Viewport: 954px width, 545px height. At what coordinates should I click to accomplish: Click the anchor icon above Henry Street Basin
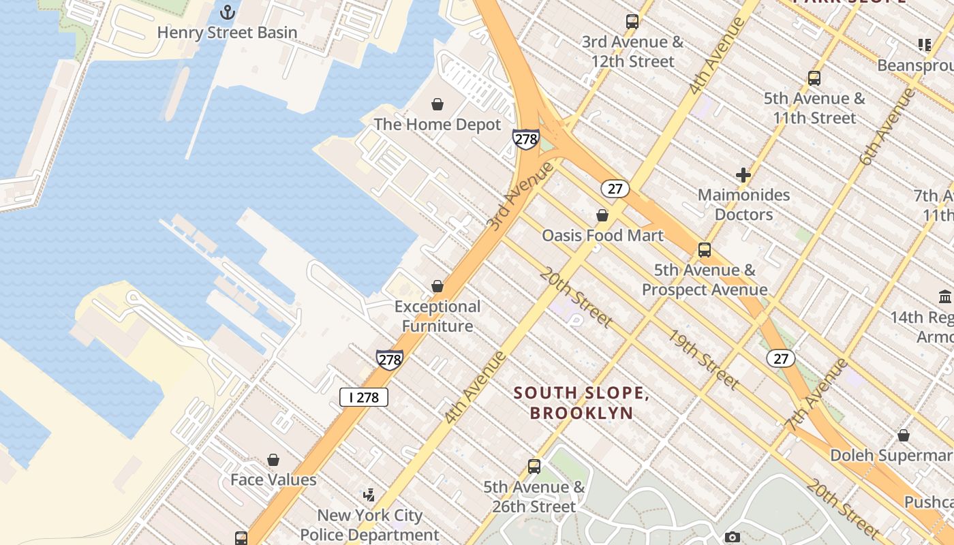click(x=227, y=12)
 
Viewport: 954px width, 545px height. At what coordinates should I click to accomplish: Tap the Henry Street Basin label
click(x=227, y=32)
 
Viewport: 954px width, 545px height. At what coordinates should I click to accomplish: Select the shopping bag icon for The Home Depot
click(x=437, y=104)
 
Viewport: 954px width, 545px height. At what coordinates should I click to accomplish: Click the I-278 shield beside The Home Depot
click(x=526, y=140)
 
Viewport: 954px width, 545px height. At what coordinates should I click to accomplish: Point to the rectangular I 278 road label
click(x=364, y=397)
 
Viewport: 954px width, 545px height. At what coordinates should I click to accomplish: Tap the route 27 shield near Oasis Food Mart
click(x=615, y=189)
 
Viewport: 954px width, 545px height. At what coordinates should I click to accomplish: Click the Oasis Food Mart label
click(x=602, y=236)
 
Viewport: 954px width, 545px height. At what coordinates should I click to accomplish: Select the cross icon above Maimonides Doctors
click(x=743, y=175)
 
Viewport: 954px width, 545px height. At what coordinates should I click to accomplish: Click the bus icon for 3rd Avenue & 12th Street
click(x=632, y=21)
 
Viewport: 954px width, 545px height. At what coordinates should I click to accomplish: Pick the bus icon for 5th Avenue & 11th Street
click(x=814, y=78)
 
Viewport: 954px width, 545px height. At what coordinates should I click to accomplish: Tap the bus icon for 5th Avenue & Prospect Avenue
click(x=705, y=250)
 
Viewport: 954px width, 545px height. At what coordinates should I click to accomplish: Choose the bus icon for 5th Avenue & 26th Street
click(x=534, y=467)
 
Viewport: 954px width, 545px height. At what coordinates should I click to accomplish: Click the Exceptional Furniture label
click(x=437, y=316)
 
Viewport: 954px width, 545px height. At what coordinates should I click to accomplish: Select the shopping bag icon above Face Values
click(x=273, y=460)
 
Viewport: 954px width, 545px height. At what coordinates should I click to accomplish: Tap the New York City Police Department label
click(x=370, y=525)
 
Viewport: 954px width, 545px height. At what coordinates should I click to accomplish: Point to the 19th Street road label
click(x=703, y=360)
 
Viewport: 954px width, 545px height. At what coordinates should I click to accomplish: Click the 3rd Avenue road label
click(x=520, y=195)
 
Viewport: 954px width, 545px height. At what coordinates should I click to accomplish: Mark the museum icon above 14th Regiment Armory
click(x=945, y=296)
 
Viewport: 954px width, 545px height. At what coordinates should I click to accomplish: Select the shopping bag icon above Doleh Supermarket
click(x=904, y=435)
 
